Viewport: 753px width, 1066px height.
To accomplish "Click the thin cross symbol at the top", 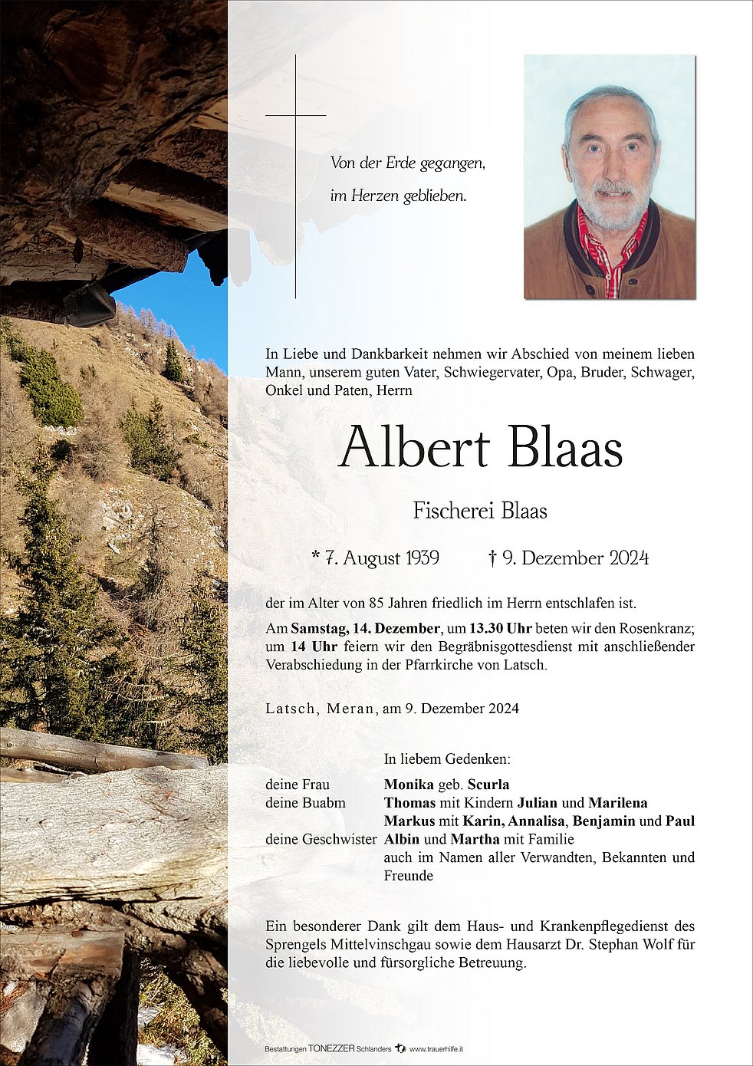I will tap(295, 115).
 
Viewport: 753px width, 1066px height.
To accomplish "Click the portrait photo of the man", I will tap(610, 176).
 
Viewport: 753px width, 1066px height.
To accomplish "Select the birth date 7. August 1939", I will tap(376, 558).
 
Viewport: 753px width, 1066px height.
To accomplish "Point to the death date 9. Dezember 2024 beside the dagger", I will tap(575, 558).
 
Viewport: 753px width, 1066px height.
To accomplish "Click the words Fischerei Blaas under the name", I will tap(480, 510).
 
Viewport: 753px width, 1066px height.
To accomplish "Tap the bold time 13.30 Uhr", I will tap(501, 628).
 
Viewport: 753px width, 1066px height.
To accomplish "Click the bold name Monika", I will tap(409, 784).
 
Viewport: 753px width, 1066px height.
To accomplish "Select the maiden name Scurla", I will tap(488, 784).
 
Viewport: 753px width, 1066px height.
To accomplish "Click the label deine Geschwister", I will tap(321, 839).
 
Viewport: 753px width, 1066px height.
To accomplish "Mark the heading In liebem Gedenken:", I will tap(447, 758).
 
